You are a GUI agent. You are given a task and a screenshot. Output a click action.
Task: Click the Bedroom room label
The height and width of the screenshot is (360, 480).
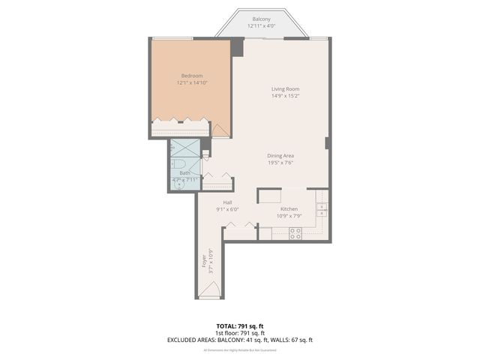click(x=191, y=75)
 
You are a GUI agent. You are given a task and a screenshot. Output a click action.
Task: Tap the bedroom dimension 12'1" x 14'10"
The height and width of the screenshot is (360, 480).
click(x=191, y=83)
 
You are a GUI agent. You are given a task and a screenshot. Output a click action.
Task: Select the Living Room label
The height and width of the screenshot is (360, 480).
click(x=285, y=89)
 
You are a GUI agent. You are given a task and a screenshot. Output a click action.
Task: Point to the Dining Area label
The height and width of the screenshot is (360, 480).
click(x=280, y=155)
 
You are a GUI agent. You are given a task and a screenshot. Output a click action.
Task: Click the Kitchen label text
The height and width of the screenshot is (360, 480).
click(x=289, y=209)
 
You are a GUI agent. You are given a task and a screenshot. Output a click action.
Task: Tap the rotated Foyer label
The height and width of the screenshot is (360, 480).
click(x=204, y=262)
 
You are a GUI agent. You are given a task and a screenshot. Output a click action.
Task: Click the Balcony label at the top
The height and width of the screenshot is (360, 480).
click(x=261, y=19)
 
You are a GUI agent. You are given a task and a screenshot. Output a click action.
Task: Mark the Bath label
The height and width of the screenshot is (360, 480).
click(x=184, y=172)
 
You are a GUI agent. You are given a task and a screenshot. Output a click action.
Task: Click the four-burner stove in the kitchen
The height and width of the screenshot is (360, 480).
click(x=295, y=233)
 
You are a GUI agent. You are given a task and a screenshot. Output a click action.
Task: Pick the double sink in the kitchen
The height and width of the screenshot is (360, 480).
click(x=322, y=211)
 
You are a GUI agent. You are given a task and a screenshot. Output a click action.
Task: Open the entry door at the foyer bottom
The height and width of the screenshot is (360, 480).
click(x=210, y=291)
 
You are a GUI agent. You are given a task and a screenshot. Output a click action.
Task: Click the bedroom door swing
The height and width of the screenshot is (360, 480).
click(x=220, y=130)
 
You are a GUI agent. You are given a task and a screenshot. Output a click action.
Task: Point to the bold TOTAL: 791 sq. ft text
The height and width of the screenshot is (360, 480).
click(x=239, y=325)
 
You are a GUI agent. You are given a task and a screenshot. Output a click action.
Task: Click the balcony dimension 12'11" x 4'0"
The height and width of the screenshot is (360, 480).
click(x=261, y=26)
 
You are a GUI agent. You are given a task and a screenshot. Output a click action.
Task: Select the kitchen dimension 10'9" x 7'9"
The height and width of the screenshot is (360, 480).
click(x=289, y=217)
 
